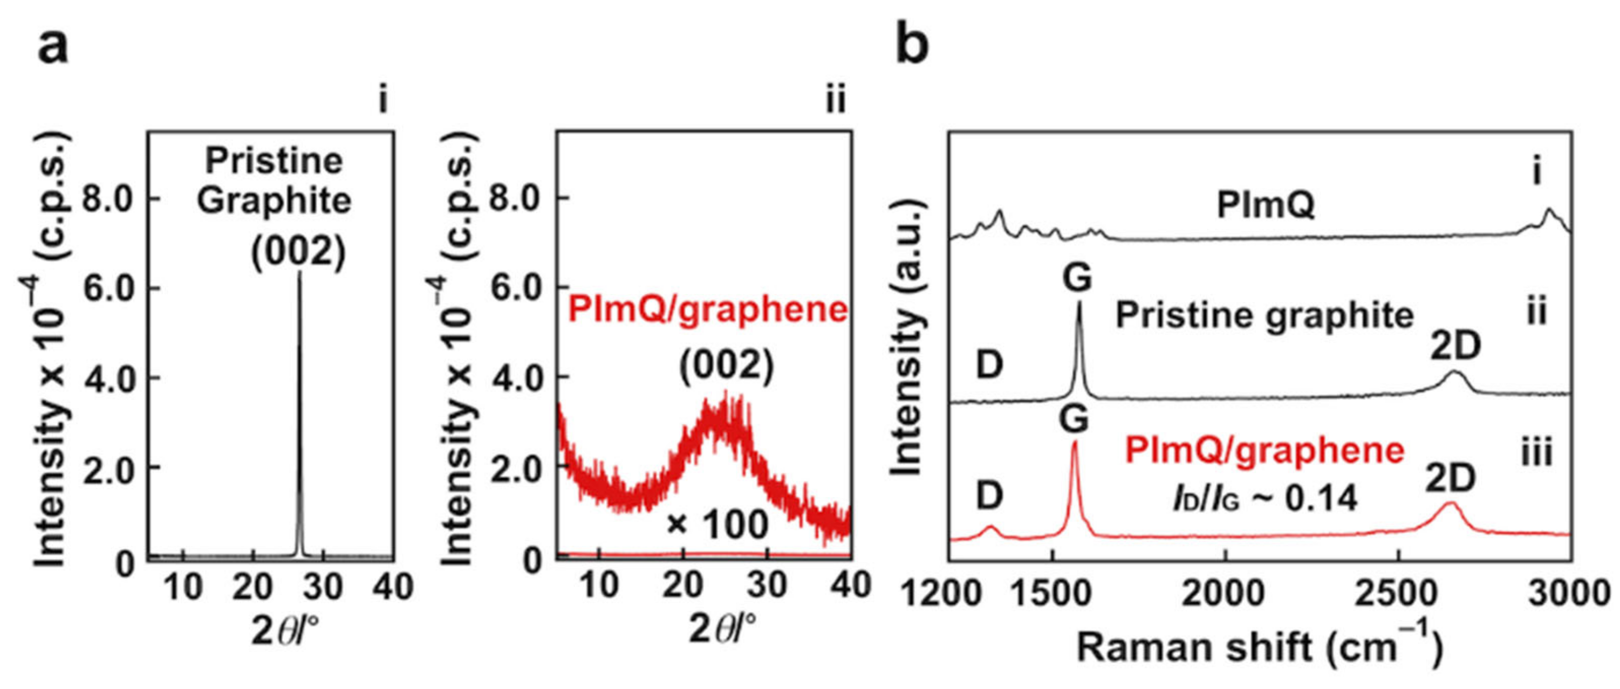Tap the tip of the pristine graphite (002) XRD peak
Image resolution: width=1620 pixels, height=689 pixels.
pyautogui.click(x=299, y=273)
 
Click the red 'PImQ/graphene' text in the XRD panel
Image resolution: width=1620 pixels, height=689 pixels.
pyautogui.click(x=707, y=309)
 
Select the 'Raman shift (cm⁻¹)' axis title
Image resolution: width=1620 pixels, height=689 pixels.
pyautogui.click(x=1259, y=647)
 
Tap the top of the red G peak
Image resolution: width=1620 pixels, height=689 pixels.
pyautogui.click(x=1074, y=443)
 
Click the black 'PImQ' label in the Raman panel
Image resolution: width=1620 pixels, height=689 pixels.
pyautogui.click(x=1266, y=205)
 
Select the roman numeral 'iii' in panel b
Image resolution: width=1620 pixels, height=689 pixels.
pyautogui.click(x=1536, y=453)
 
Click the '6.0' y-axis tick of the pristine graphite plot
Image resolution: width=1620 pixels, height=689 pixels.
pyautogui.click(x=107, y=288)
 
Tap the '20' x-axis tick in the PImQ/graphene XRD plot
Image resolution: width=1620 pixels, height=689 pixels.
pyautogui.click(x=682, y=586)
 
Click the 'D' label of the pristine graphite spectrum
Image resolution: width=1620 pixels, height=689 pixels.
pyautogui.click(x=989, y=364)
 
